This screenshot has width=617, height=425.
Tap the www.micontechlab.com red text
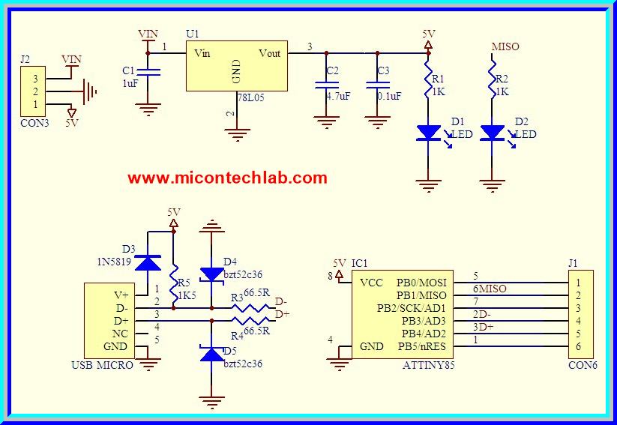pos(227,178)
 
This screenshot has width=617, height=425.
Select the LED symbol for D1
pos(429,133)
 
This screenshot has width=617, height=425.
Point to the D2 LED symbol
pos(492,133)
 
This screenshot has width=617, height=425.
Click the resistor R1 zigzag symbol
pos(429,79)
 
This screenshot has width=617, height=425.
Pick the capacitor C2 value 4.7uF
pos(338,96)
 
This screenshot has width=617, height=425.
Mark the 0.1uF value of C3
pos(389,96)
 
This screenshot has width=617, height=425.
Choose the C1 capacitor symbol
pos(151,72)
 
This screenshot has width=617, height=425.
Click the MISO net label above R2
pos(505,46)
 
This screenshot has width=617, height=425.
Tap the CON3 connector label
pos(34,123)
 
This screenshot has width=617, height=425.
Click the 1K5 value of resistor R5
pos(187,295)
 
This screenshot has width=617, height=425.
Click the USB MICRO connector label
pos(103,365)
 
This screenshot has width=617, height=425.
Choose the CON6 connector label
pos(583,365)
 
